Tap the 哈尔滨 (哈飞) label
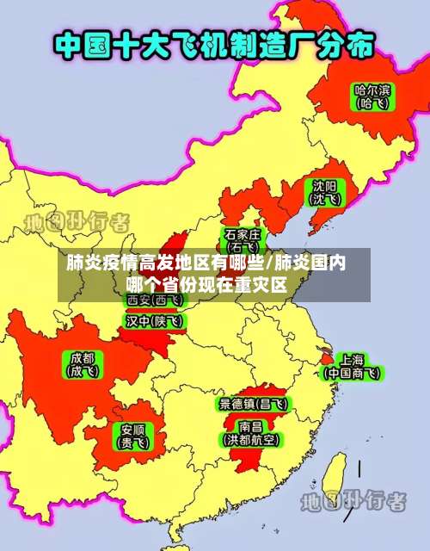pos(372,95)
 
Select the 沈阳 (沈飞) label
pos(324,192)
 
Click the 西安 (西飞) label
pos(155,300)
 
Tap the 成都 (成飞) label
pos(83,364)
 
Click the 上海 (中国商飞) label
pos(351,366)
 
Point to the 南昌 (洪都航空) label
pos(251,432)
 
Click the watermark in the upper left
pos(77,222)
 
